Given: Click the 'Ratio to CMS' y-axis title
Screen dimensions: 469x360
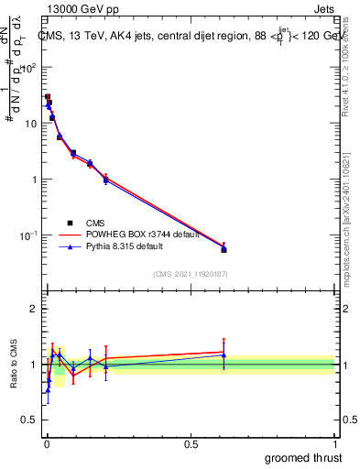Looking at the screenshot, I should click(12, 364).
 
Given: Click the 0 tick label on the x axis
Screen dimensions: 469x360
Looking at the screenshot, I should click(46, 443).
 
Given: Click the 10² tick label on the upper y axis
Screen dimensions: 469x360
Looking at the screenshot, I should click(30, 67).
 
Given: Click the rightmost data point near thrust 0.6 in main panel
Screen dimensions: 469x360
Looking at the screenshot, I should click(224, 248).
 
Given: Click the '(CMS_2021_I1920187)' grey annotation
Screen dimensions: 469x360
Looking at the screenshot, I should click(191, 274).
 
